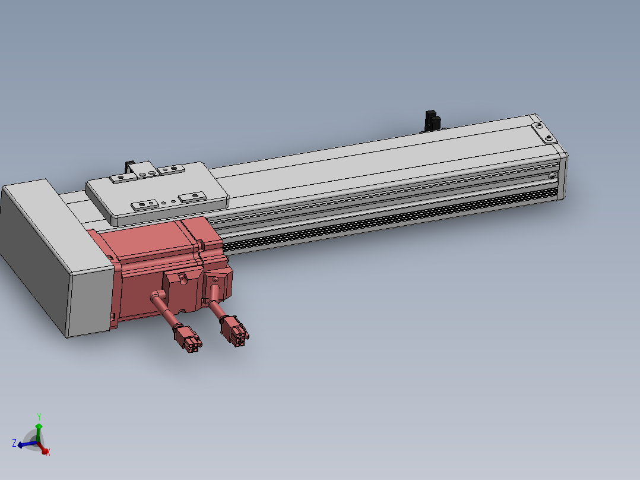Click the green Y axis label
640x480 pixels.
[39, 416]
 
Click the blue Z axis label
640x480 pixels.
[14, 443]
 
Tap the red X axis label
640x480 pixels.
[48, 452]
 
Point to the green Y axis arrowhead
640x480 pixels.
[39, 426]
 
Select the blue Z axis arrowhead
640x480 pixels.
[20, 445]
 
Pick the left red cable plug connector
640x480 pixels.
[188, 339]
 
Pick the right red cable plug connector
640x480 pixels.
[235, 331]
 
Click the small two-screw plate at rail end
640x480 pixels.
[544, 132]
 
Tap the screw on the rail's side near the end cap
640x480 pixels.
[552, 176]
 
